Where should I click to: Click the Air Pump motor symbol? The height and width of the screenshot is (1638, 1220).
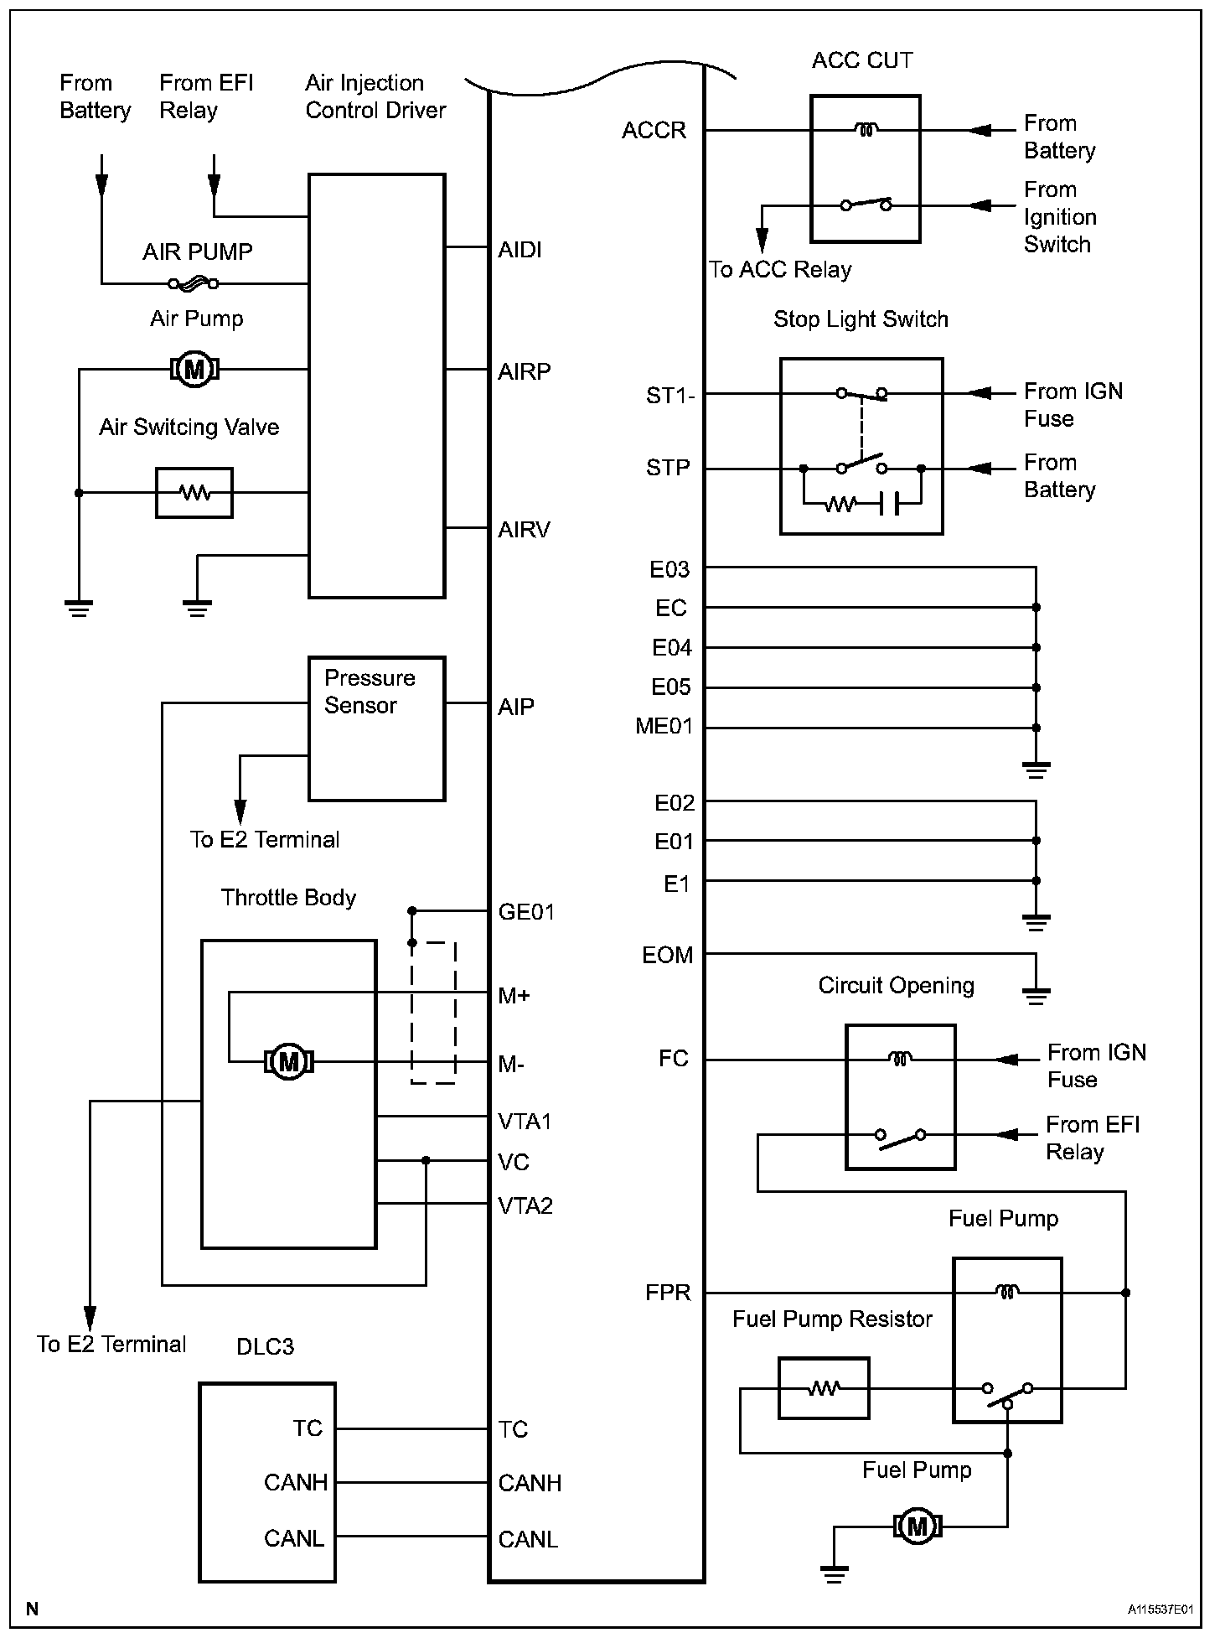pyautogui.click(x=194, y=368)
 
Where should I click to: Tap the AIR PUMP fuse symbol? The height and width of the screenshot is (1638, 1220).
pyautogui.click(x=194, y=284)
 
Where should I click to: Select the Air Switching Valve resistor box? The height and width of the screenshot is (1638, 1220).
pyautogui.click(x=194, y=493)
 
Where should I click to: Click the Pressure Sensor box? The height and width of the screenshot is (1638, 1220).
pyautogui.click(x=376, y=728)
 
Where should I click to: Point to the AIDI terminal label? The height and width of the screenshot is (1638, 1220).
pyautogui.click(x=520, y=250)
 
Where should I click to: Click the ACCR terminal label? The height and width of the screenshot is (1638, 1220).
pyautogui.click(x=654, y=130)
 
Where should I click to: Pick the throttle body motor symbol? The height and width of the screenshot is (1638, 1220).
pyautogui.click(x=288, y=1061)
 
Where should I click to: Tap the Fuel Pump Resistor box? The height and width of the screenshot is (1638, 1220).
pyautogui.click(x=824, y=1388)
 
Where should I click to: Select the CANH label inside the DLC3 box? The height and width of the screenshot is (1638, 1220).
pyautogui.click(x=295, y=1482)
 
